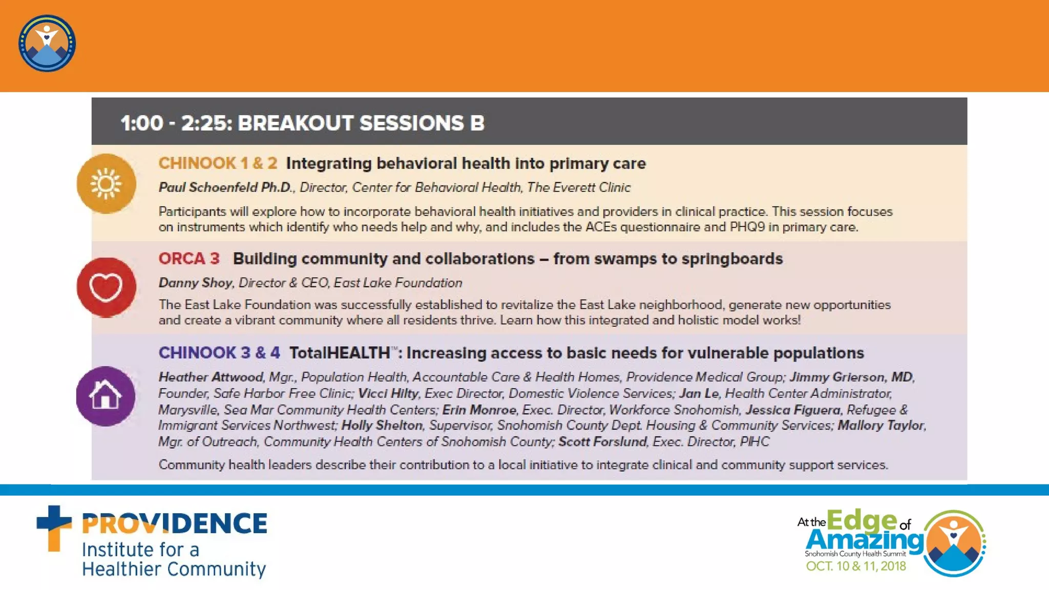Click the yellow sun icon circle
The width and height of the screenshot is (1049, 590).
coord(106,183)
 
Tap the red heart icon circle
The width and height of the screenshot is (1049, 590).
coord(106,287)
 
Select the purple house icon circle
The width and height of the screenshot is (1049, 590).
coord(106,396)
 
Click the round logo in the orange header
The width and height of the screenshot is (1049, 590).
coord(47,44)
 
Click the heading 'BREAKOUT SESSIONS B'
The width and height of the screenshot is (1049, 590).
coord(361,123)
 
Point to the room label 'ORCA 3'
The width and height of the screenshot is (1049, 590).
coord(189,259)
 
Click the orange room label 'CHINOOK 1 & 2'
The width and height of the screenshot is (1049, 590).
coord(218,163)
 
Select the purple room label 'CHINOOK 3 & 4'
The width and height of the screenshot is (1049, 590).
coord(219,353)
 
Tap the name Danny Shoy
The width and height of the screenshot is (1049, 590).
coord(195,283)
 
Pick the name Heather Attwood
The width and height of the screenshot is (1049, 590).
coord(211,377)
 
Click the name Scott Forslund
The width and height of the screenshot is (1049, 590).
coord(602,442)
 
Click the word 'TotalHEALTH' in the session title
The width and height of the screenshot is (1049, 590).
coord(340,353)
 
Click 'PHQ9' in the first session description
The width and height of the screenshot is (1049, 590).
coord(747,227)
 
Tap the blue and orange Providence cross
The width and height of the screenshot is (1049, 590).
coord(54,528)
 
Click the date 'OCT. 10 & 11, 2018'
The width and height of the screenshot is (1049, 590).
coord(856,566)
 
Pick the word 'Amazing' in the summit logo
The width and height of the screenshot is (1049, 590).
coord(865,540)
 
